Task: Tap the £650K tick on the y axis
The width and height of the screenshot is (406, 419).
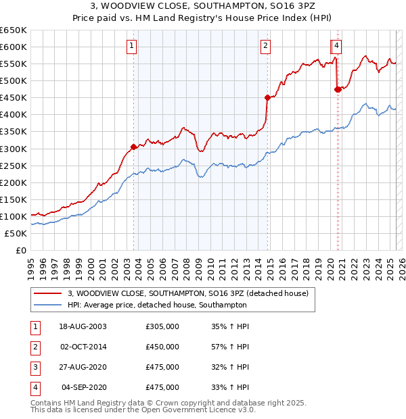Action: coord(14,30)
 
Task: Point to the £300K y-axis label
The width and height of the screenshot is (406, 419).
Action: coord(14,149)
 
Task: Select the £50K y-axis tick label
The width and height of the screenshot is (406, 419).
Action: coord(16,233)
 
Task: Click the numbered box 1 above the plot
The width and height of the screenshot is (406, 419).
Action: coord(131,46)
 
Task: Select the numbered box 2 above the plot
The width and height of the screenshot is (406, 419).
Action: coord(266,46)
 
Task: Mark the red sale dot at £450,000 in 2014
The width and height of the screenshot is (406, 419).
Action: coord(267,97)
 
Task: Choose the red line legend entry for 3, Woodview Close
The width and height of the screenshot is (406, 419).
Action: coord(188,293)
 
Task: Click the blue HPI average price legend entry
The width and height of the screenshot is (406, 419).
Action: coord(157,305)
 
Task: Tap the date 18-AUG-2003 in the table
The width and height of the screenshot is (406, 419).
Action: coord(83,326)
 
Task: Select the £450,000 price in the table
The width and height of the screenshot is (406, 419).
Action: coord(162,347)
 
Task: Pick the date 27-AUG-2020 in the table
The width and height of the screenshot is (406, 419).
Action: coord(83,367)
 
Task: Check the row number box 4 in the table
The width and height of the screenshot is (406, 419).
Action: coord(35,387)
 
